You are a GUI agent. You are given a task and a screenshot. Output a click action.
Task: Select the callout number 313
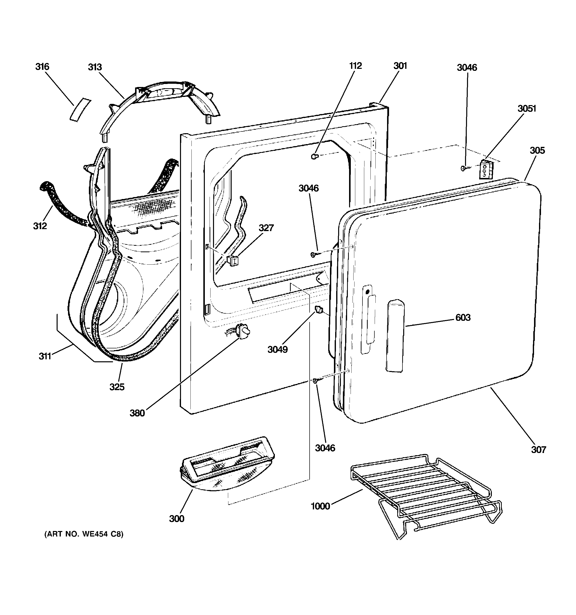tap(95, 67)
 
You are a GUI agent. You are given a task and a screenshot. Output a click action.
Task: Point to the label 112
tap(356, 66)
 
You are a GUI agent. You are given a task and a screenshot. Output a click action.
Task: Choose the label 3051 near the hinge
tap(527, 108)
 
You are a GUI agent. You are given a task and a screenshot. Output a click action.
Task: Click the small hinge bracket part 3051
tap(485, 169)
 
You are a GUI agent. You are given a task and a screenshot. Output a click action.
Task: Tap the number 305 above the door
tap(537, 150)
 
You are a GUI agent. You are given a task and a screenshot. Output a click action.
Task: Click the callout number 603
tap(463, 317)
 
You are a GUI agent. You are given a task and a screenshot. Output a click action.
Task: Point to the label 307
tap(539, 450)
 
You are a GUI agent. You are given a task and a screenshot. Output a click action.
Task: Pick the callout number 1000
tap(320, 506)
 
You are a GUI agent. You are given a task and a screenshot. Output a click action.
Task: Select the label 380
tap(137, 413)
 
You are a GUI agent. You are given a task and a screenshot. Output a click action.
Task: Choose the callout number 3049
tap(277, 349)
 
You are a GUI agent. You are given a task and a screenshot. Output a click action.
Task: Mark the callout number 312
tap(40, 226)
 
